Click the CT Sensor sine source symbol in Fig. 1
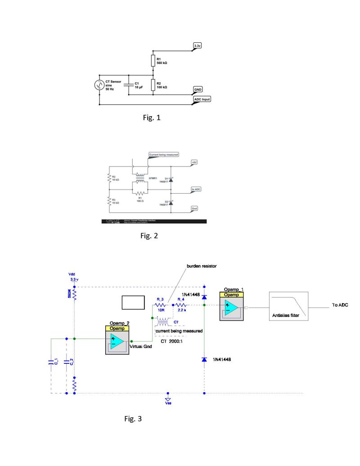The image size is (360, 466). pyautogui.click(x=98, y=85)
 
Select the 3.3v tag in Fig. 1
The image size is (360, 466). pyautogui.click(x=198, y=46)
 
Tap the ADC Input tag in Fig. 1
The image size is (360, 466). pyautogui.click(x=201, y=99)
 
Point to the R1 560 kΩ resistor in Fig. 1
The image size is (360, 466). pyautogui.click(x=152, y=61)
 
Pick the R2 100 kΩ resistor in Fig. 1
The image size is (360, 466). pyautogui.click(x=152, y=85)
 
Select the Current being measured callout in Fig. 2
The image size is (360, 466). pyautogui.click(x=164, y=154)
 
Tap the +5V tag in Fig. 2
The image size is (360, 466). pyautogui.click(x=194, y=162)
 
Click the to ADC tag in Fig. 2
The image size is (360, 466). pyautogui.click(x=196, y=189)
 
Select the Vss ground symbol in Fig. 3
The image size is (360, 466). pyautogui.click(x=168, y=399)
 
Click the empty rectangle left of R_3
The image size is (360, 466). pyautogui.click(x=133, y=303)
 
